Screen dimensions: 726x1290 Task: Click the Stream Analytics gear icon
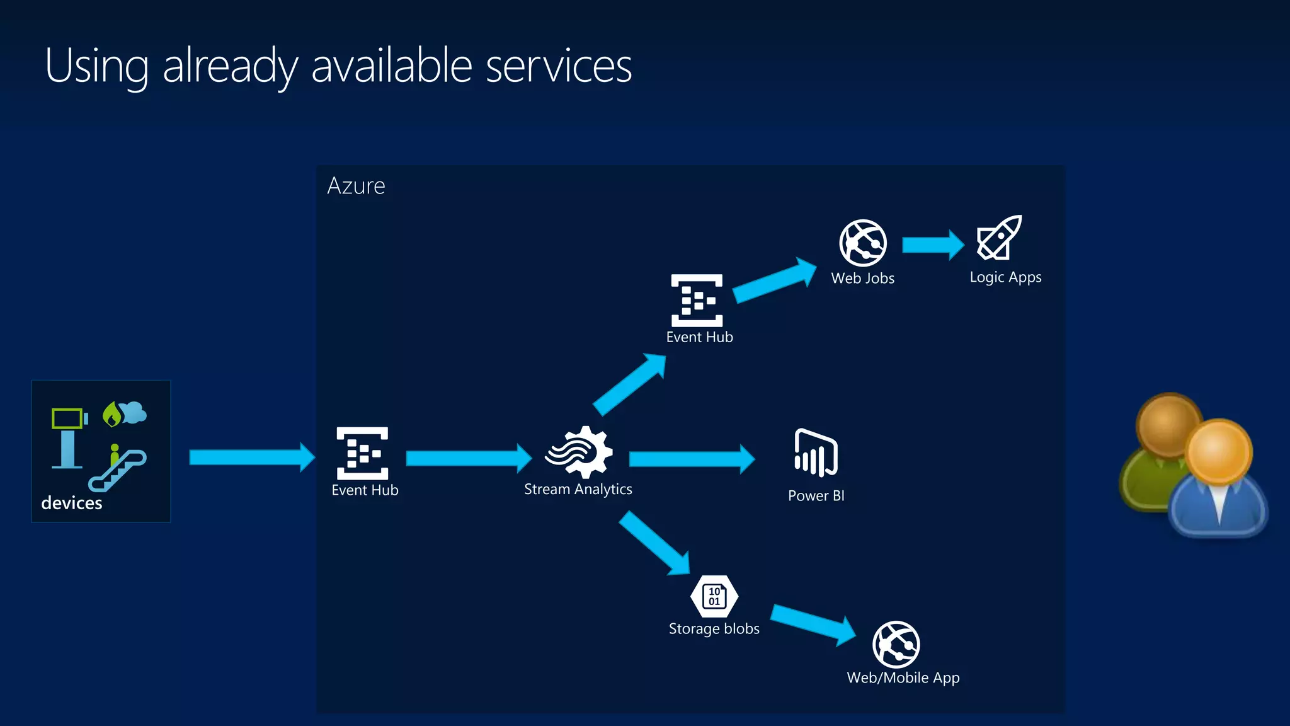[579, 452]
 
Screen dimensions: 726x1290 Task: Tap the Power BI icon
[816, 452]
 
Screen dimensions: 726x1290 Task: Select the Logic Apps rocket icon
[999, 238]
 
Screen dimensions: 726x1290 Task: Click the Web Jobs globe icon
[863, 243]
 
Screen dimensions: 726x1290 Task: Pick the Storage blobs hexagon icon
[714, 596]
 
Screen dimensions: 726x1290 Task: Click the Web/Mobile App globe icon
[896, 644]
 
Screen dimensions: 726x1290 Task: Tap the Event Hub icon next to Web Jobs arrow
[697, 301]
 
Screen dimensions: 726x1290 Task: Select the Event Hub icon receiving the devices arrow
[362, 453]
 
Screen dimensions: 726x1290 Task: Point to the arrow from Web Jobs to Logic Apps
[932, 245]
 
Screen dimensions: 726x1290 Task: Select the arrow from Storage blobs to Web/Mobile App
[813, 623]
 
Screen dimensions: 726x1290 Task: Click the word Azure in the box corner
[356, 186]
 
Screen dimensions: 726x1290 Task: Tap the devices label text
[71, 503]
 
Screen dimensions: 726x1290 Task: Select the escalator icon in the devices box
[118, 470]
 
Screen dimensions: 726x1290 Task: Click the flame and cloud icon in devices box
[125, 413]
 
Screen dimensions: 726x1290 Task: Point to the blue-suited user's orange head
[1219, 451]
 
